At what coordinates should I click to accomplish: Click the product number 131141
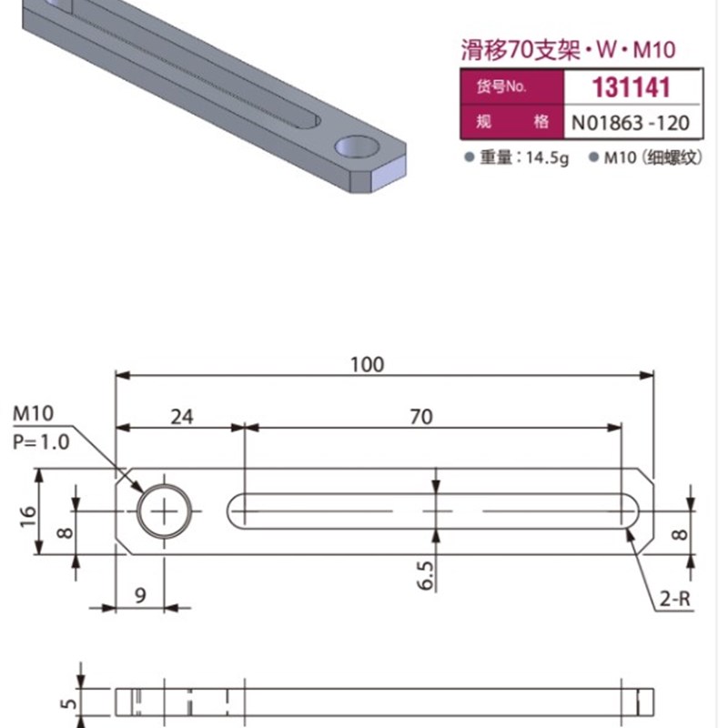tap(631, 87)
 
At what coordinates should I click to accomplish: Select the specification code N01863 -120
tap(631, 121)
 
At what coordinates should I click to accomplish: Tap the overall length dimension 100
tap(367, 364)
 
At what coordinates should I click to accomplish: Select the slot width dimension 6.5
tap(428, 575)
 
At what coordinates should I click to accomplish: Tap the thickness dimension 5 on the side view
tap(65, 703)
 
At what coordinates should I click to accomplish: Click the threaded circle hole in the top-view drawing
tap(166, 511)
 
